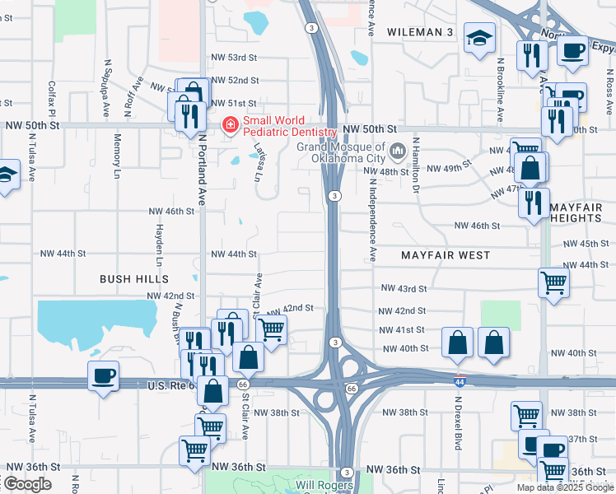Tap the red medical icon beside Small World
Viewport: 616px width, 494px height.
[x=230, y=125]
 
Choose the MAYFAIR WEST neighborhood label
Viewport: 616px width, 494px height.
[x=446, y=256]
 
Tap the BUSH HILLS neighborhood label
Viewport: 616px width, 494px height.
[x=134, y=279]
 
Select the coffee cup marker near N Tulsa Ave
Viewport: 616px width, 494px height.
[x=104, y=376]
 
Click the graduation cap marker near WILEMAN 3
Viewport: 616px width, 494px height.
[x=479, y=38]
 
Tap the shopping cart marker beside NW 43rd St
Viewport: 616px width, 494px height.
[x=553, y=282]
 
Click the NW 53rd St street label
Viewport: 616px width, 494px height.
[x=235, y=58]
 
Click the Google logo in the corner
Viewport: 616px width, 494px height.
[x=27, y=483]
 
